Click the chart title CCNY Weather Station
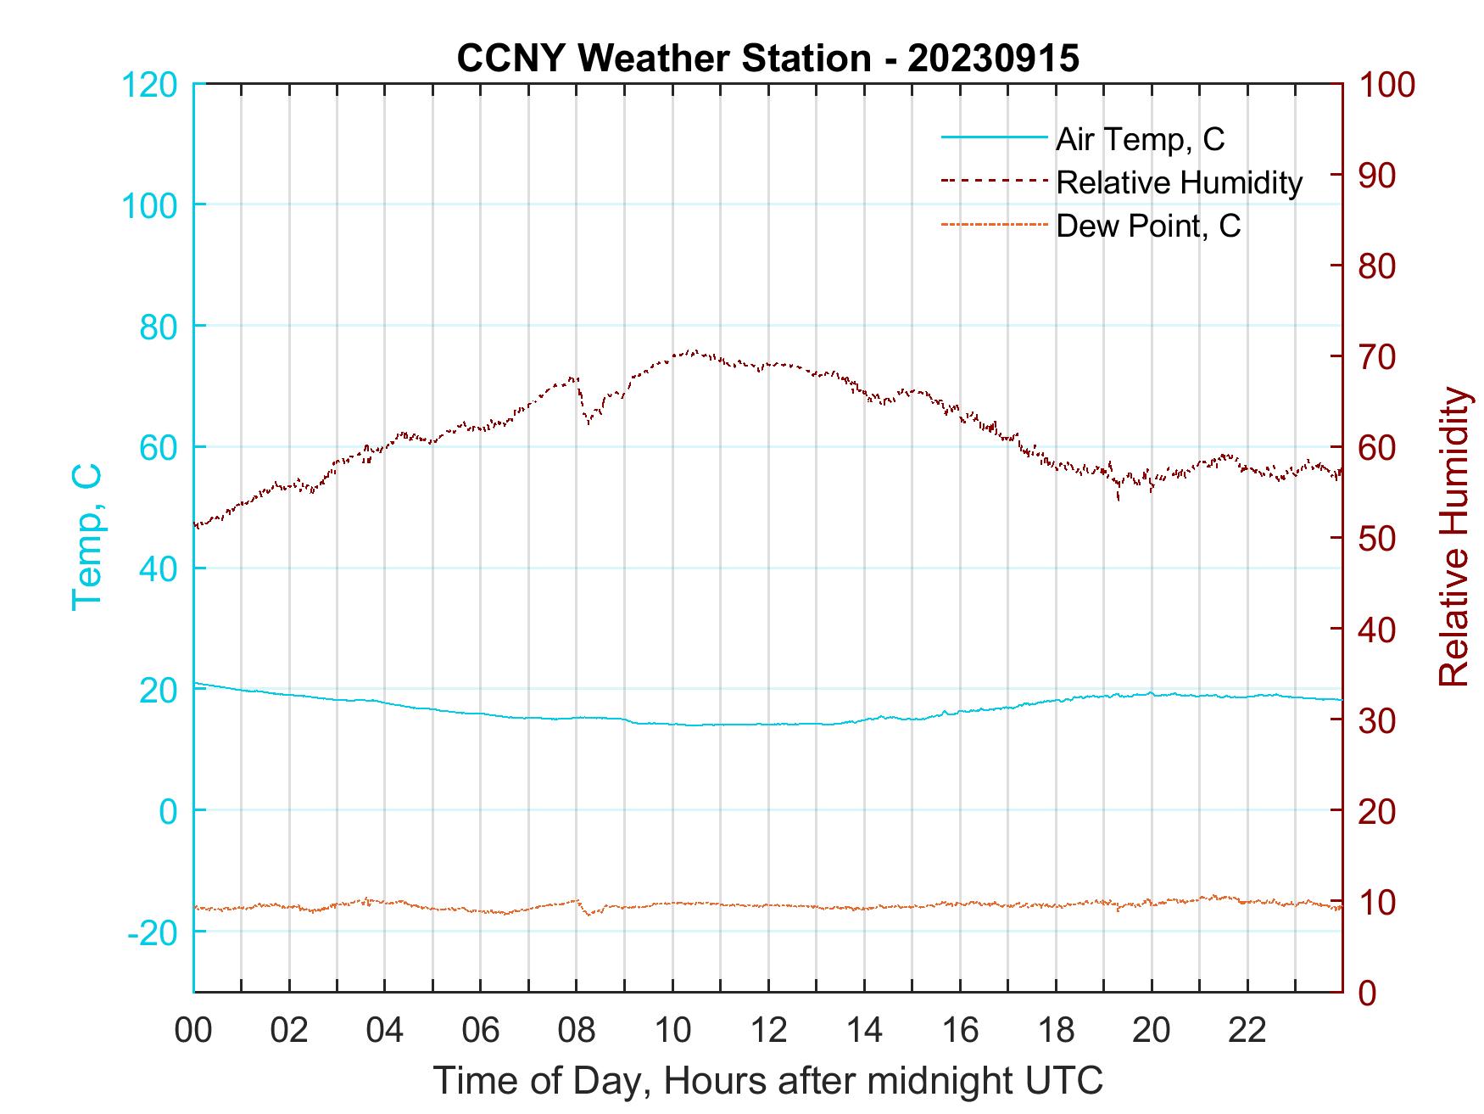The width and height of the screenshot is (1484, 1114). tap(767, 59)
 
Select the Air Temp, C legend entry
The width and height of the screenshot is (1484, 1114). tap(1140, 139)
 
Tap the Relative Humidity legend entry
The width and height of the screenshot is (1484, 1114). tap(1179, 182)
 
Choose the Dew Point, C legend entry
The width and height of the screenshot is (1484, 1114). tap(1148, 226)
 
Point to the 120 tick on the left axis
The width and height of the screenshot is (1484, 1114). tap(151, 85)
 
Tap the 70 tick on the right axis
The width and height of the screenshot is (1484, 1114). tap(1378, 357)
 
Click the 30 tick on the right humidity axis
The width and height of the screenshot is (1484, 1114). tap(1378, 720)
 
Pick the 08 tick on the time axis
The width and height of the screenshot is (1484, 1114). tap(577, 1031)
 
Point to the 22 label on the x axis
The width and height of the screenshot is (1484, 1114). tap(1247, 1031)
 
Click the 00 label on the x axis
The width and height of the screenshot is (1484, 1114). tap(193, 1031)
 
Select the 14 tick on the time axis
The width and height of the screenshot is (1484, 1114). tap(864, 1031)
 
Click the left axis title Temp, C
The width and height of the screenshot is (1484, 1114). tap(86, 536)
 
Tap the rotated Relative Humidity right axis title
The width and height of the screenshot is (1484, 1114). tap(1453, 536)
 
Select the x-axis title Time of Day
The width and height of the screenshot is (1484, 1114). tap(767, 1081)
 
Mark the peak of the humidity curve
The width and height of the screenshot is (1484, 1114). tap(693, 351)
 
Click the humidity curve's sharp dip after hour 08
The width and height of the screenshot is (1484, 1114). tap(587, 422)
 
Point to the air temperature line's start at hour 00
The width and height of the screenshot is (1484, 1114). tap(195, 683)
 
